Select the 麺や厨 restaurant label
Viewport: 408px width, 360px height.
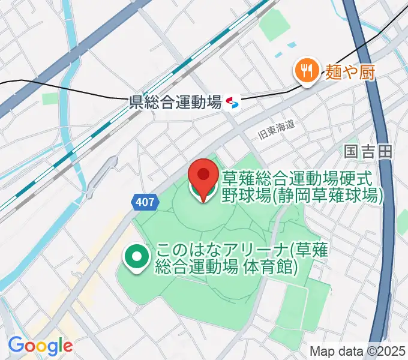point(350,73)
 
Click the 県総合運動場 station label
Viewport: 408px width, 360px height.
point(175,103)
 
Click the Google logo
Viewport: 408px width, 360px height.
point(40,346)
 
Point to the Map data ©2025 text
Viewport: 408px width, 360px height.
point(358,352)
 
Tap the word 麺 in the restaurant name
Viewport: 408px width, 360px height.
point(334,73)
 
